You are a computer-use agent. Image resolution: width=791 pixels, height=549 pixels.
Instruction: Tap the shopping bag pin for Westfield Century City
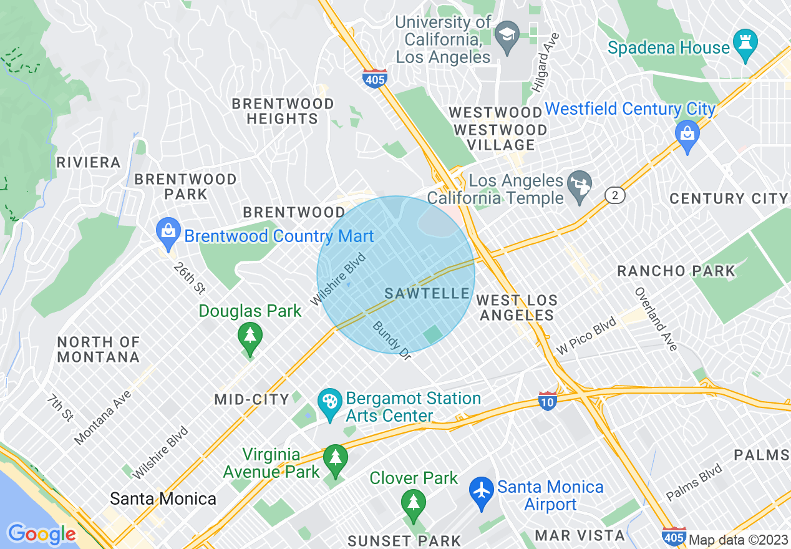point(687,134)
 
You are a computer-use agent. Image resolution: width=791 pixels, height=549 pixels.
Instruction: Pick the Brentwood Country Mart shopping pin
point(168,231)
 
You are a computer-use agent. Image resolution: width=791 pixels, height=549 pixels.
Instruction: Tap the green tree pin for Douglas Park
point(250,336)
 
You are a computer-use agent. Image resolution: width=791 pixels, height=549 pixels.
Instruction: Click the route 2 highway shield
point(614,195)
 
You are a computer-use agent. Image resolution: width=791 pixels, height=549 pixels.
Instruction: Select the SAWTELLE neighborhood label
point(427,293)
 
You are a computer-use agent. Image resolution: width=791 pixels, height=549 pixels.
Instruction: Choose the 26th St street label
point(190,278)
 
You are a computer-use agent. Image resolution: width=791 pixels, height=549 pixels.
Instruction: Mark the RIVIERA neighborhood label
point(88,163)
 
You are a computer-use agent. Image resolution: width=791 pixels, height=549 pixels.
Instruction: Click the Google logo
point(41,534)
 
